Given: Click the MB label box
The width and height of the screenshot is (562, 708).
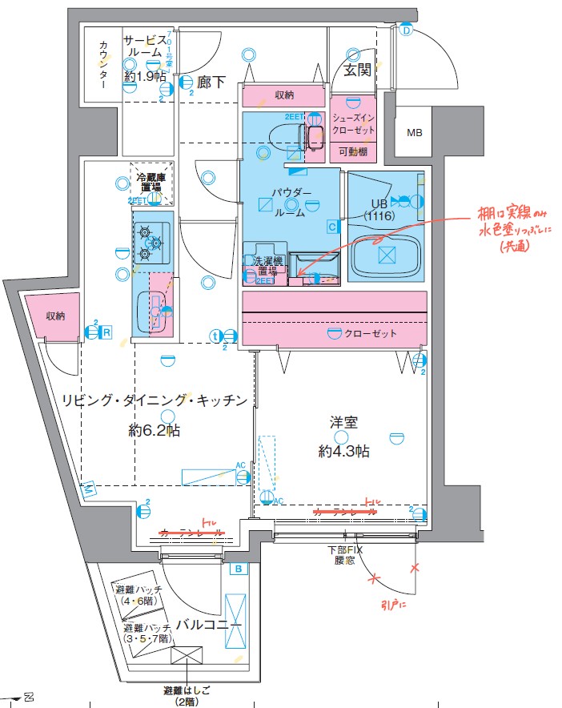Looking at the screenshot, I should pos(414,133).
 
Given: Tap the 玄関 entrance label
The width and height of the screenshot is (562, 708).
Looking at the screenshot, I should pos(357,70).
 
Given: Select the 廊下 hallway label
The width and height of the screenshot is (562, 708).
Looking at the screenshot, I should pos(211,80).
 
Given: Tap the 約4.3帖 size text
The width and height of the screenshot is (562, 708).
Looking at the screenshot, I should pos(343,452).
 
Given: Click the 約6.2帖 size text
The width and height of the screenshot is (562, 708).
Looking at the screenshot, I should pos(155,431).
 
